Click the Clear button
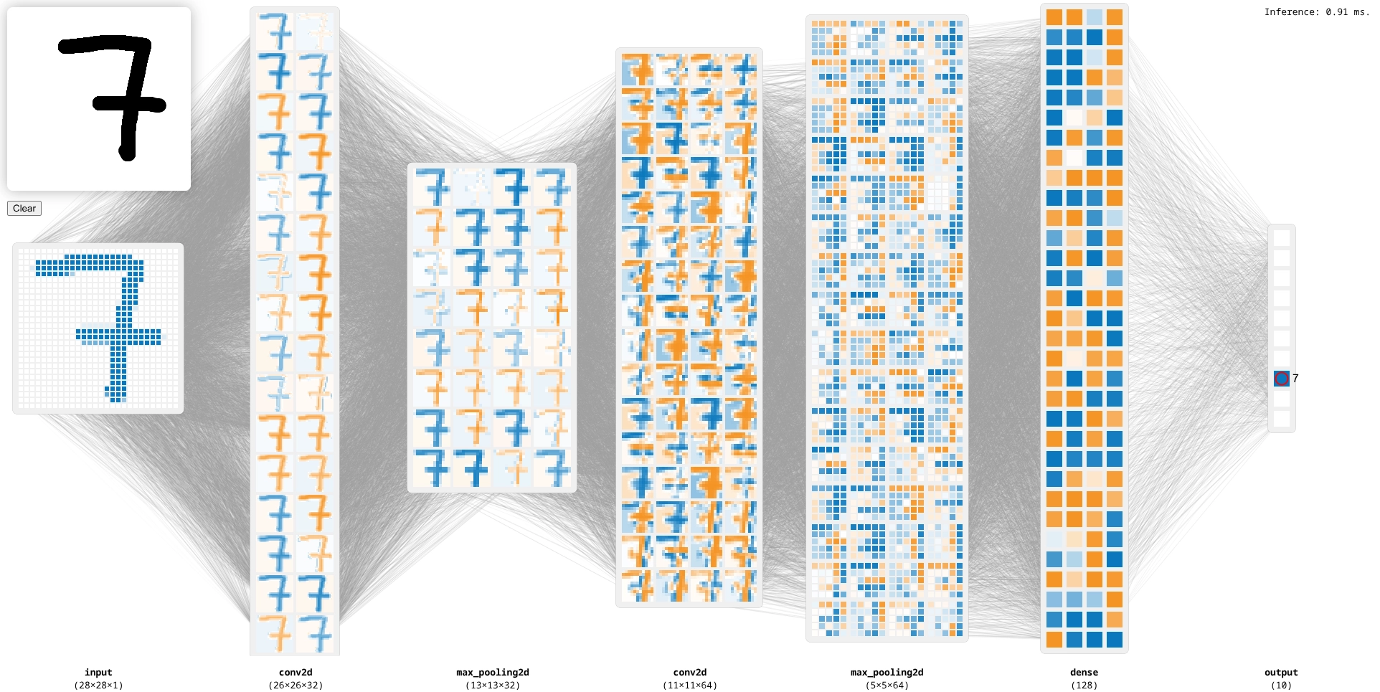click(24, 209)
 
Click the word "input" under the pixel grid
click(98, 673)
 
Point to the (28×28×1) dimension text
click(98, 686)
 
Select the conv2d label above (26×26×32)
click(296, 673)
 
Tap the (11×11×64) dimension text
click(690, 686)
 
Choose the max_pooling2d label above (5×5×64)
click(887, 673)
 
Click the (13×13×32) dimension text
click(493, 686)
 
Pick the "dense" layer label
click(1084, 673)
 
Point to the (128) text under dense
click(1084, 686)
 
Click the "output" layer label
click(1281, 673)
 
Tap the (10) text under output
click(1281, 686)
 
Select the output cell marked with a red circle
click(1282, 379)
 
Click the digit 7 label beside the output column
click(1295, 379)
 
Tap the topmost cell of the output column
click(1282, 238)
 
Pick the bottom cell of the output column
click(1282, 419)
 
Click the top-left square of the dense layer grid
click(1054, 17)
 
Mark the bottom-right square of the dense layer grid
click(1115, 639)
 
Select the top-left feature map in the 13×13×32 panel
click(432, 187)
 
